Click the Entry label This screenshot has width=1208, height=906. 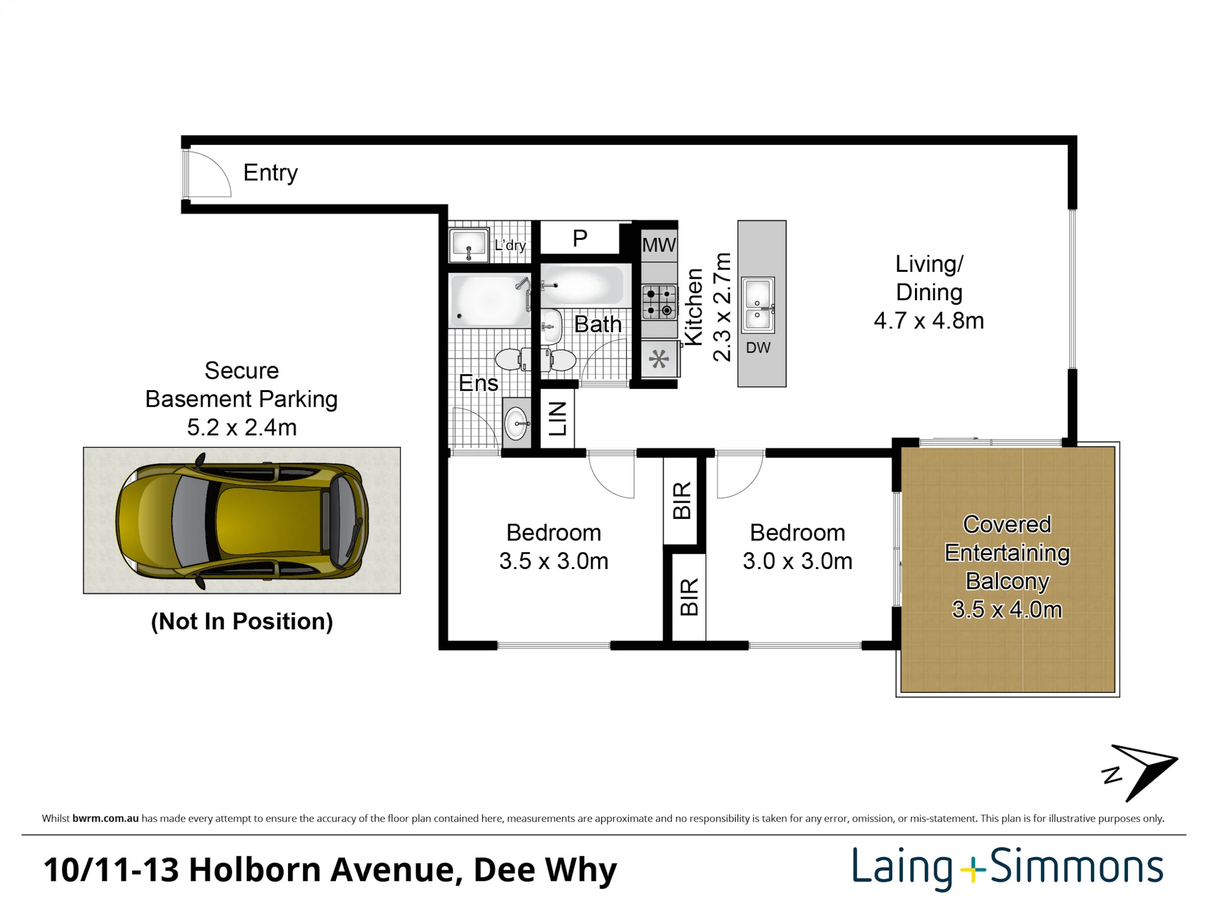pos(271,173)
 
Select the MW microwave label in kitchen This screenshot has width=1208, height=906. pos(659,245)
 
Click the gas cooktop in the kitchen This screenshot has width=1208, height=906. pos(659,302)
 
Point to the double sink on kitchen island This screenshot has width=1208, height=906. pos(758,304)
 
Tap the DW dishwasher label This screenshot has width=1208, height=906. pos(758,348)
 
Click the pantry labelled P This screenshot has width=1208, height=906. pos(580,239)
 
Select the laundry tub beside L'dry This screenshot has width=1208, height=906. pos(469,245)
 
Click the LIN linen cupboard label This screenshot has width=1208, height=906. pos(557,419)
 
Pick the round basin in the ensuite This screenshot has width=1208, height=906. pos(516,422)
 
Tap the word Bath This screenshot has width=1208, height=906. pos(598,324)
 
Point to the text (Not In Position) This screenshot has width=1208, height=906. pos(242,622)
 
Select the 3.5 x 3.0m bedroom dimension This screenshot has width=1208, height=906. pos(554,561)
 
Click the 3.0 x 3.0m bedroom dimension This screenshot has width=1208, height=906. pos(797,561)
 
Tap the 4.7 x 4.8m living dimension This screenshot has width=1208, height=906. pos(929,321)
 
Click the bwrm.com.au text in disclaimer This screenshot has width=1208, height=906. pos(106,819)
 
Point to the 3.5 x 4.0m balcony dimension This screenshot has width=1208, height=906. pos(1007,609)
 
